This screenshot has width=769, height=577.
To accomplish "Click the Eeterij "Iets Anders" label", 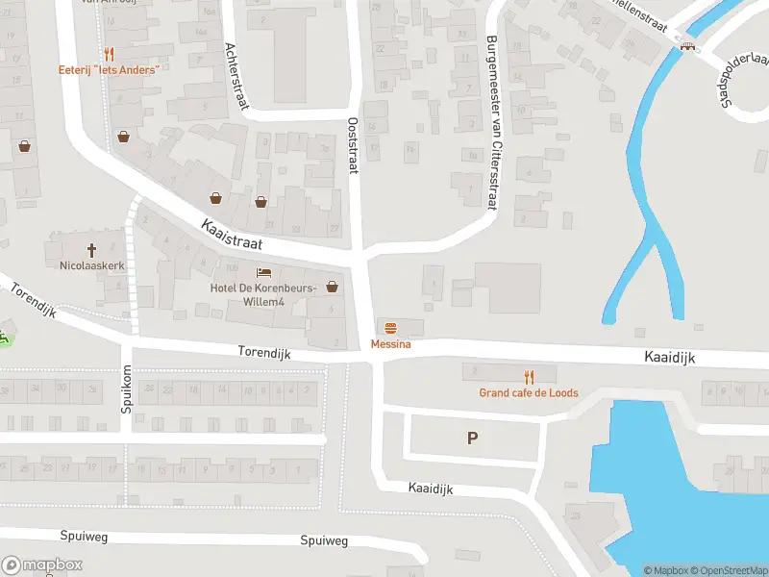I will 109,70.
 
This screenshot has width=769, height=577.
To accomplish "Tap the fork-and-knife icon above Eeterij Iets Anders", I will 109,55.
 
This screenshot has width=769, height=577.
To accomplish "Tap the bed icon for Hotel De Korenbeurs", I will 263,273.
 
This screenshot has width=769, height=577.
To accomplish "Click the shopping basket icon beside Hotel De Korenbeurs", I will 333,286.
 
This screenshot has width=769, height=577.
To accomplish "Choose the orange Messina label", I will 389,343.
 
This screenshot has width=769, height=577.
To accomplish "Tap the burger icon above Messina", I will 389,328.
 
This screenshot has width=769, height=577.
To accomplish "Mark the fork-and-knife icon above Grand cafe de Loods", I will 528,376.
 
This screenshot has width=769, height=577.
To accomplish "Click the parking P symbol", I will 472,439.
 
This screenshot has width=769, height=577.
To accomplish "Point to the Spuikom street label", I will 126,389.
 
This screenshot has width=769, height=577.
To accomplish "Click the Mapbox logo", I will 42,564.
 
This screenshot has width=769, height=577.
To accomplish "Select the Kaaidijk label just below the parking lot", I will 430,489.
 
